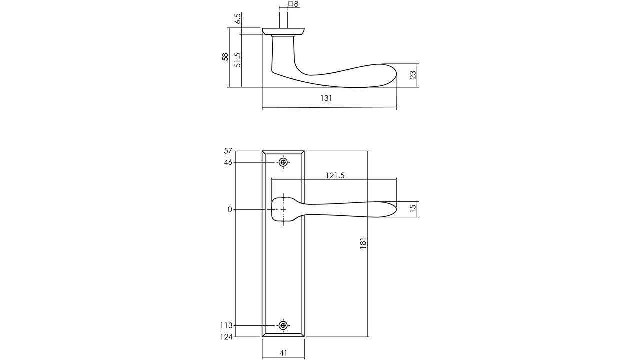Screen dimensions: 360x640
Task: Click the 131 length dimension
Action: pos(326,98)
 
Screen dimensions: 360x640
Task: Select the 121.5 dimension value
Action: pos(335,175)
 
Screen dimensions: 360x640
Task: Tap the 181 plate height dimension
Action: pos(363,243)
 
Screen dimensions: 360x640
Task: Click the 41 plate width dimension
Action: pos(283,353)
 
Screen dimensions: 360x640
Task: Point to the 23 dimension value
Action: pos(412,75)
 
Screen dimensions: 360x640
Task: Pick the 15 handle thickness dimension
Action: pos(412,209)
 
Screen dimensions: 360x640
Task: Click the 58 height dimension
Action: pos(225,57)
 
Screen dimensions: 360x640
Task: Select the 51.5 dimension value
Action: pos(238,60)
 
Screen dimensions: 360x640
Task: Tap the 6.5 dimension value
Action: pos(238,18)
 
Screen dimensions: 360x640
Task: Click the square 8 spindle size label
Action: pos(293,4)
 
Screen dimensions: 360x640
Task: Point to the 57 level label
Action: pos(228,151)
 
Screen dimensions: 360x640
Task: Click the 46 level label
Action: pos(228,162)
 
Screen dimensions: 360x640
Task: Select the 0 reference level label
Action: pos(230,210)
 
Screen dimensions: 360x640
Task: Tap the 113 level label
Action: pos(226,326)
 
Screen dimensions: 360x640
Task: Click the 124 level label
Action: pos(226,337)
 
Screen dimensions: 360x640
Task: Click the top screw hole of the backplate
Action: pos(283,162)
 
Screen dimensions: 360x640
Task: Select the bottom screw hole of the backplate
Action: pos(283,326)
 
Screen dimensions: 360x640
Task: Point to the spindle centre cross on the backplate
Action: pos(283,209)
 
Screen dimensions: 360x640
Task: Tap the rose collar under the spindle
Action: pos(283,32)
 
